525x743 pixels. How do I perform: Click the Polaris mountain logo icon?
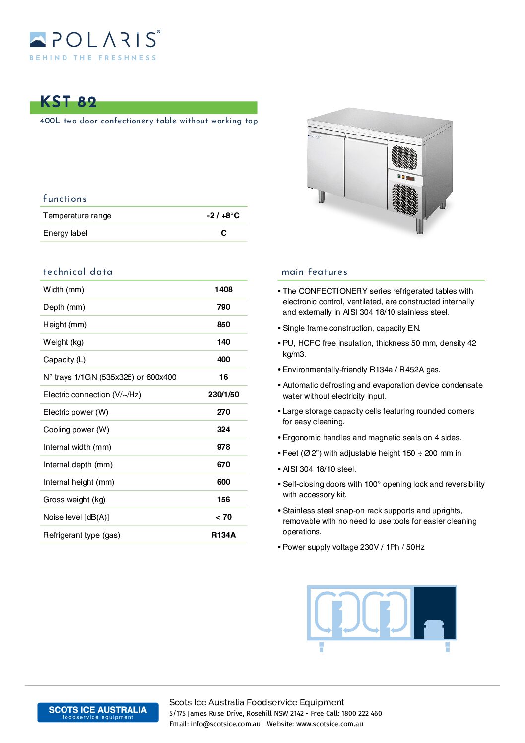[38, 40]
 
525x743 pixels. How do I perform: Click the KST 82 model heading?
[68, 102]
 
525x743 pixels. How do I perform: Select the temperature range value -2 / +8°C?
[223, 215]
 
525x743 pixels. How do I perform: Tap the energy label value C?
[224, 233]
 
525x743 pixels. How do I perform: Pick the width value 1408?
[224, 289]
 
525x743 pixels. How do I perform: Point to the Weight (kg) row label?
[64, 342]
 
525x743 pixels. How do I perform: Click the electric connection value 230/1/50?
[224, 394]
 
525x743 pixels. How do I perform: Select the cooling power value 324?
[224, 429]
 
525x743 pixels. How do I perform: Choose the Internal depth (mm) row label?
[78, 464]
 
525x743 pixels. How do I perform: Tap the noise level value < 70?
[224, 517]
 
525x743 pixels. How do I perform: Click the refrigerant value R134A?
[224, 535]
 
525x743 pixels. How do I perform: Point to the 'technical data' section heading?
[78, 271]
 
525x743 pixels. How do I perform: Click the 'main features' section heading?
[314, 271]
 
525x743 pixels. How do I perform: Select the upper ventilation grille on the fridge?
[404, 157]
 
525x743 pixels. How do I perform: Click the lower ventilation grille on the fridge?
[405, 198]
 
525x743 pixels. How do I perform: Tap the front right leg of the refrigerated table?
[420, 226]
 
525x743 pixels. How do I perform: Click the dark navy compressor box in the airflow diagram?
[435, 611]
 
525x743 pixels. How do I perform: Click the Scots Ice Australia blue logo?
[98, 712]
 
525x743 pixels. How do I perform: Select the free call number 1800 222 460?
[362, 713]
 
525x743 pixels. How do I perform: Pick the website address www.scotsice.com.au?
[329, 724]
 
